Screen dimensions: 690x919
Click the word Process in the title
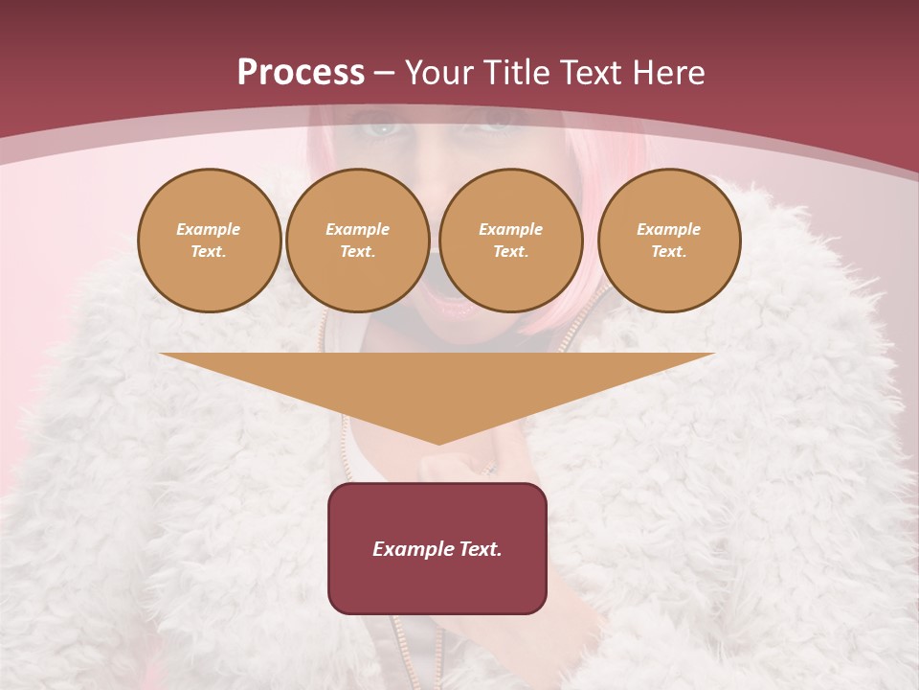301,73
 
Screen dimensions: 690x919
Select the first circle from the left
209,241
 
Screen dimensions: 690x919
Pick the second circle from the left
357,241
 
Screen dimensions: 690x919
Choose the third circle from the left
510,241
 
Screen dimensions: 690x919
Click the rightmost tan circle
668,241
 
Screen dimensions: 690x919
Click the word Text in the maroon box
479,549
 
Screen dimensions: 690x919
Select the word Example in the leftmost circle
209,230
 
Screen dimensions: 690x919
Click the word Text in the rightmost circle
668,252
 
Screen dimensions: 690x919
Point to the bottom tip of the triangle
437,443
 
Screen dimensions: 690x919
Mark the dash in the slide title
384,73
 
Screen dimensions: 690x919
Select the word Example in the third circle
510,230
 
